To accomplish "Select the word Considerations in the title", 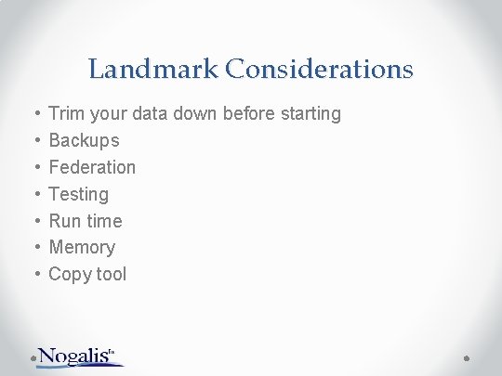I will [319, 70].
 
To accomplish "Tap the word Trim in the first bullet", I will [65, 113].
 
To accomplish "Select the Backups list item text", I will [84, 141].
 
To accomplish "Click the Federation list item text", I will [92, 167].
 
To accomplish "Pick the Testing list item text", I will [78, 194].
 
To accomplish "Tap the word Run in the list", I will [65, 221].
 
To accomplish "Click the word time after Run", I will [104, 221].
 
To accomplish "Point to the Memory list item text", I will [82, 247].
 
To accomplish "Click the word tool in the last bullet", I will [109, 274].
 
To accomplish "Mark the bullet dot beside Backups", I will [35, 141].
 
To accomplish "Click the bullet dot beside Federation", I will [35, 168].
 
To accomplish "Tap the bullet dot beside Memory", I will [35, 248].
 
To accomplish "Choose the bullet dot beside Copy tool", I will [35, 275].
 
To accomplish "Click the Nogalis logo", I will [79, 356].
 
